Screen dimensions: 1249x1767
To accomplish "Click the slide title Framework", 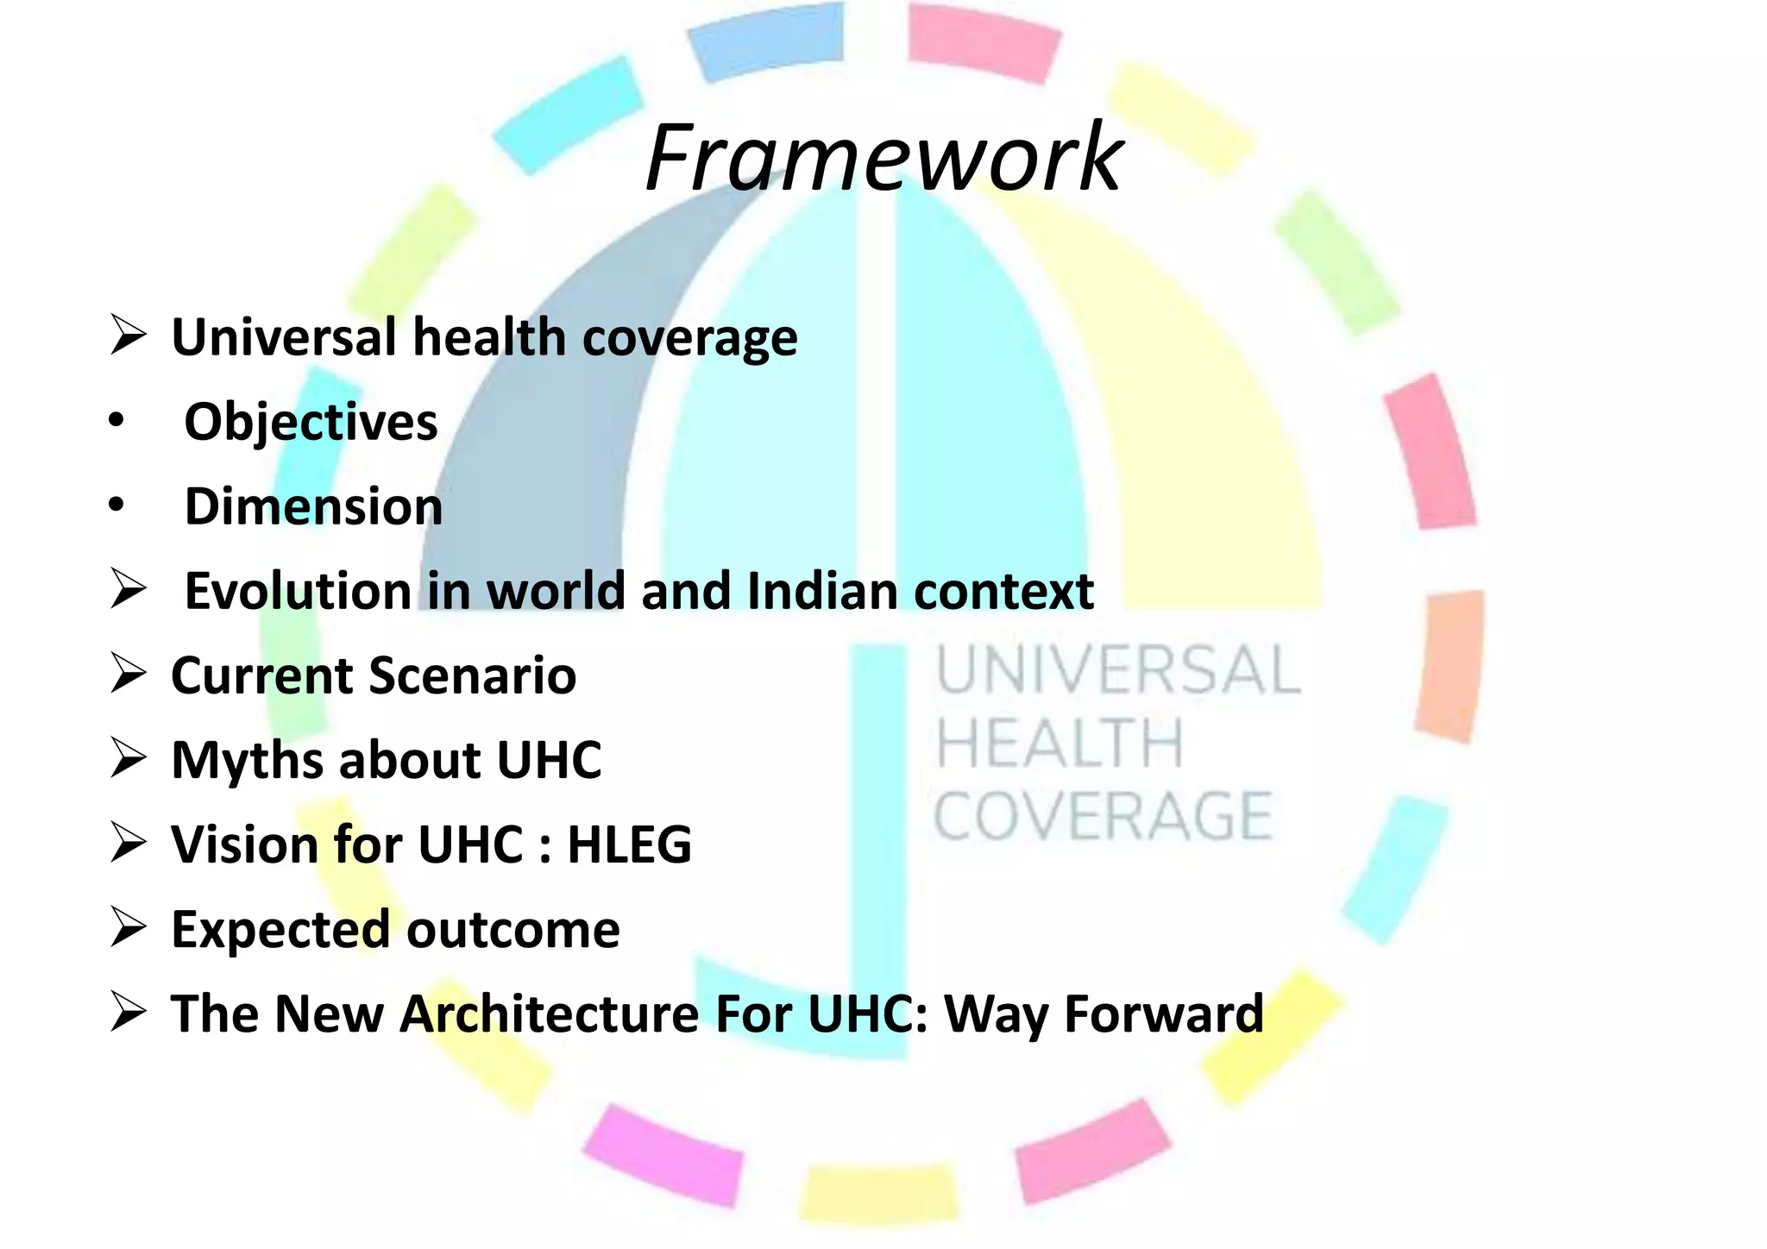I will point(883,159).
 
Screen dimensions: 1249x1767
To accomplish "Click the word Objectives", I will point(311,423).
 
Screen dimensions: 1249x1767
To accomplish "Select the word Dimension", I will point(313,506).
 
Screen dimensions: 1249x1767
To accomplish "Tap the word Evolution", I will point(297,592).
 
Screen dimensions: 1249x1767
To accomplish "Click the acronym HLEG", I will point(629,844).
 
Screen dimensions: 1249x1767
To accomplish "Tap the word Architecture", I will point(549,1014).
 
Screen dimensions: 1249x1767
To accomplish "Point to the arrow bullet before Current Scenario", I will point(128,675).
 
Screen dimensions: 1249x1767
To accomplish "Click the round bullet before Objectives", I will point(116,423).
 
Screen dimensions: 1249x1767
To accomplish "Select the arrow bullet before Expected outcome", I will point(128,929).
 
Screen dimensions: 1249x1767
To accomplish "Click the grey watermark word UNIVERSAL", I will point(1118,671).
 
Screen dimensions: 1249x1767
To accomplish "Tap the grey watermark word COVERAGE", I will point(1103,816).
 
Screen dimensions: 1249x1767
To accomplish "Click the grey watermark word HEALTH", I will point(1060,744).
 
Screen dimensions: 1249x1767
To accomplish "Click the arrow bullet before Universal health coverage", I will point(128,336).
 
